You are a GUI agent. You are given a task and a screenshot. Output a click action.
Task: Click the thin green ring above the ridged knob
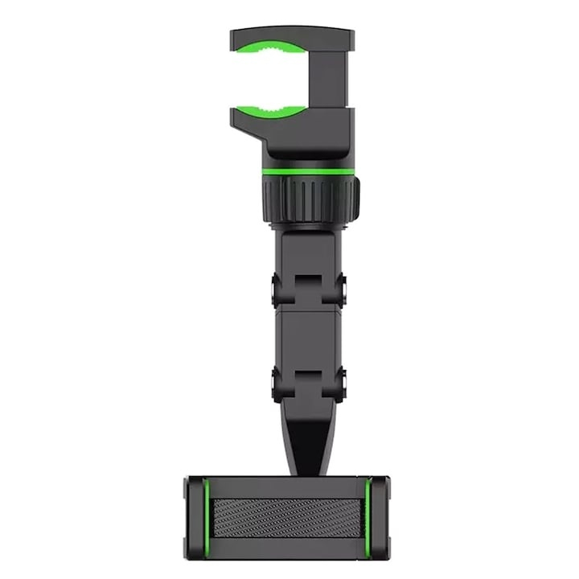click(310, 172)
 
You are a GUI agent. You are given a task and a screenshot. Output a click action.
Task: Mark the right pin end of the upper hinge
click(341, 285)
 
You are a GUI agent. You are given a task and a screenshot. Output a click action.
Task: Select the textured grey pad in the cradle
click(287, 513)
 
